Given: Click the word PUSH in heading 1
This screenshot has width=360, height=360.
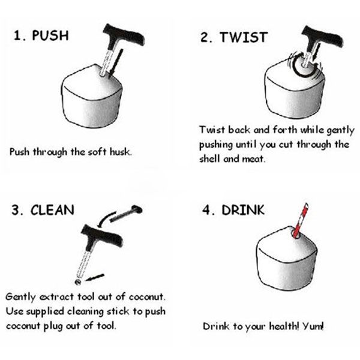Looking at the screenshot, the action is click(x=50, y=35).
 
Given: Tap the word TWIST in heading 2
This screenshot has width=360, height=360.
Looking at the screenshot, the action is click(x=244, y=37).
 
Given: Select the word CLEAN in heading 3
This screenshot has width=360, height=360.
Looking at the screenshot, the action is click(x=52, y=210).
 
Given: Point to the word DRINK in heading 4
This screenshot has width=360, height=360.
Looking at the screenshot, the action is click(x=243, y=210).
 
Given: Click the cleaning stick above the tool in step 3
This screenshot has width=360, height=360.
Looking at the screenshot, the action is click(x=126, y=214).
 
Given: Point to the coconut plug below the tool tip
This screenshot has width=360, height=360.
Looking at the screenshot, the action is click(x=78, y=282).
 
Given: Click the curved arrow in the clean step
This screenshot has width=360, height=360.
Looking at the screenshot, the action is click(x=106, y=219).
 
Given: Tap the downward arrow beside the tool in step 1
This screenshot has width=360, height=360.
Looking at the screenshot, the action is click(x=116, y=62).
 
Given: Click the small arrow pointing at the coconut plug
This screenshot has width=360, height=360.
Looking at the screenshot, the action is click(x=95, y=277).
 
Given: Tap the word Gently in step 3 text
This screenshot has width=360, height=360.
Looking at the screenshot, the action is click(x=20, y=297).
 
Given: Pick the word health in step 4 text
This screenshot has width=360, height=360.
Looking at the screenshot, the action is click(x=284, y=326).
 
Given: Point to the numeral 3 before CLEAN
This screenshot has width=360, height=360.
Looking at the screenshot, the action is click(x=16, y=210).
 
